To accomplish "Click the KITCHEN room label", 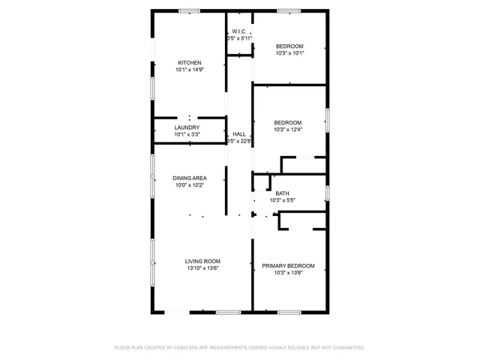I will tap(189, 62).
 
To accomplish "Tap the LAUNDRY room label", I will tap(187, 127).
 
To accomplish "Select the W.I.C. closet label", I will tap(239, 31).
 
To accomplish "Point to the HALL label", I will tap(239, 133).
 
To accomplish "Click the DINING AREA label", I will tap(189, 178).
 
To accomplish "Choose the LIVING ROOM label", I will tap(202, 261).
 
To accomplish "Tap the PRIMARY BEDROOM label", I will tap(288, 265).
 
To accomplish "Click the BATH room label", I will tap(282, 193).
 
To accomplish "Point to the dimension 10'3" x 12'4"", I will tap(288, 130).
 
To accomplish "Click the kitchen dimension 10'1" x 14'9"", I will tap(189, 70).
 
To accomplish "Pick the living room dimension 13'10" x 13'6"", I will tap(202, 268).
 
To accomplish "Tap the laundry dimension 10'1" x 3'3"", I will tap(187, 135).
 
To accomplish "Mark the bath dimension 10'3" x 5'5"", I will tap(282, 200).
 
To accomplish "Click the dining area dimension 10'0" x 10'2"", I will tap(189, 185).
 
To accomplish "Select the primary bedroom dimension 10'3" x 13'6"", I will tap(288, 273).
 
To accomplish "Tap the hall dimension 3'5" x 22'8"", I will tap(239, 141).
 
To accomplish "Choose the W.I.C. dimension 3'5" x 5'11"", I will tap(239, 38).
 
